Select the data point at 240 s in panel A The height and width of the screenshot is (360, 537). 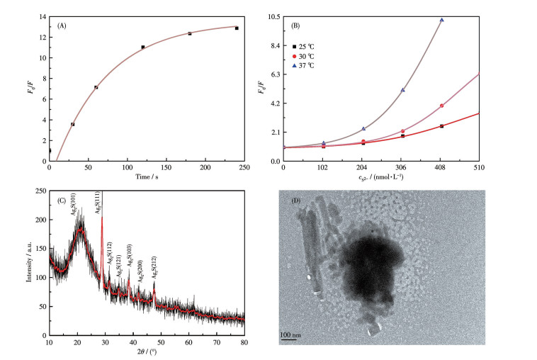click(237, 28)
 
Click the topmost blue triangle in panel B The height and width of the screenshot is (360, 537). click(442, 20)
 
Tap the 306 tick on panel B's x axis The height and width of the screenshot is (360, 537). click(402, 167)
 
